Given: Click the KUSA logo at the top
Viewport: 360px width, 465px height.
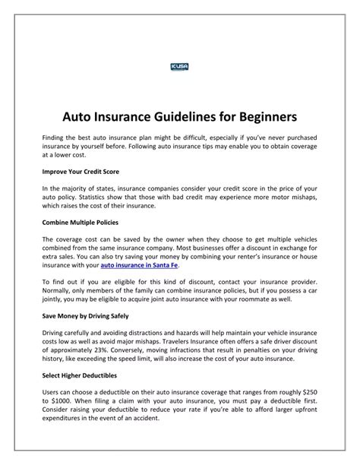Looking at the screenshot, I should tap(180, 68).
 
